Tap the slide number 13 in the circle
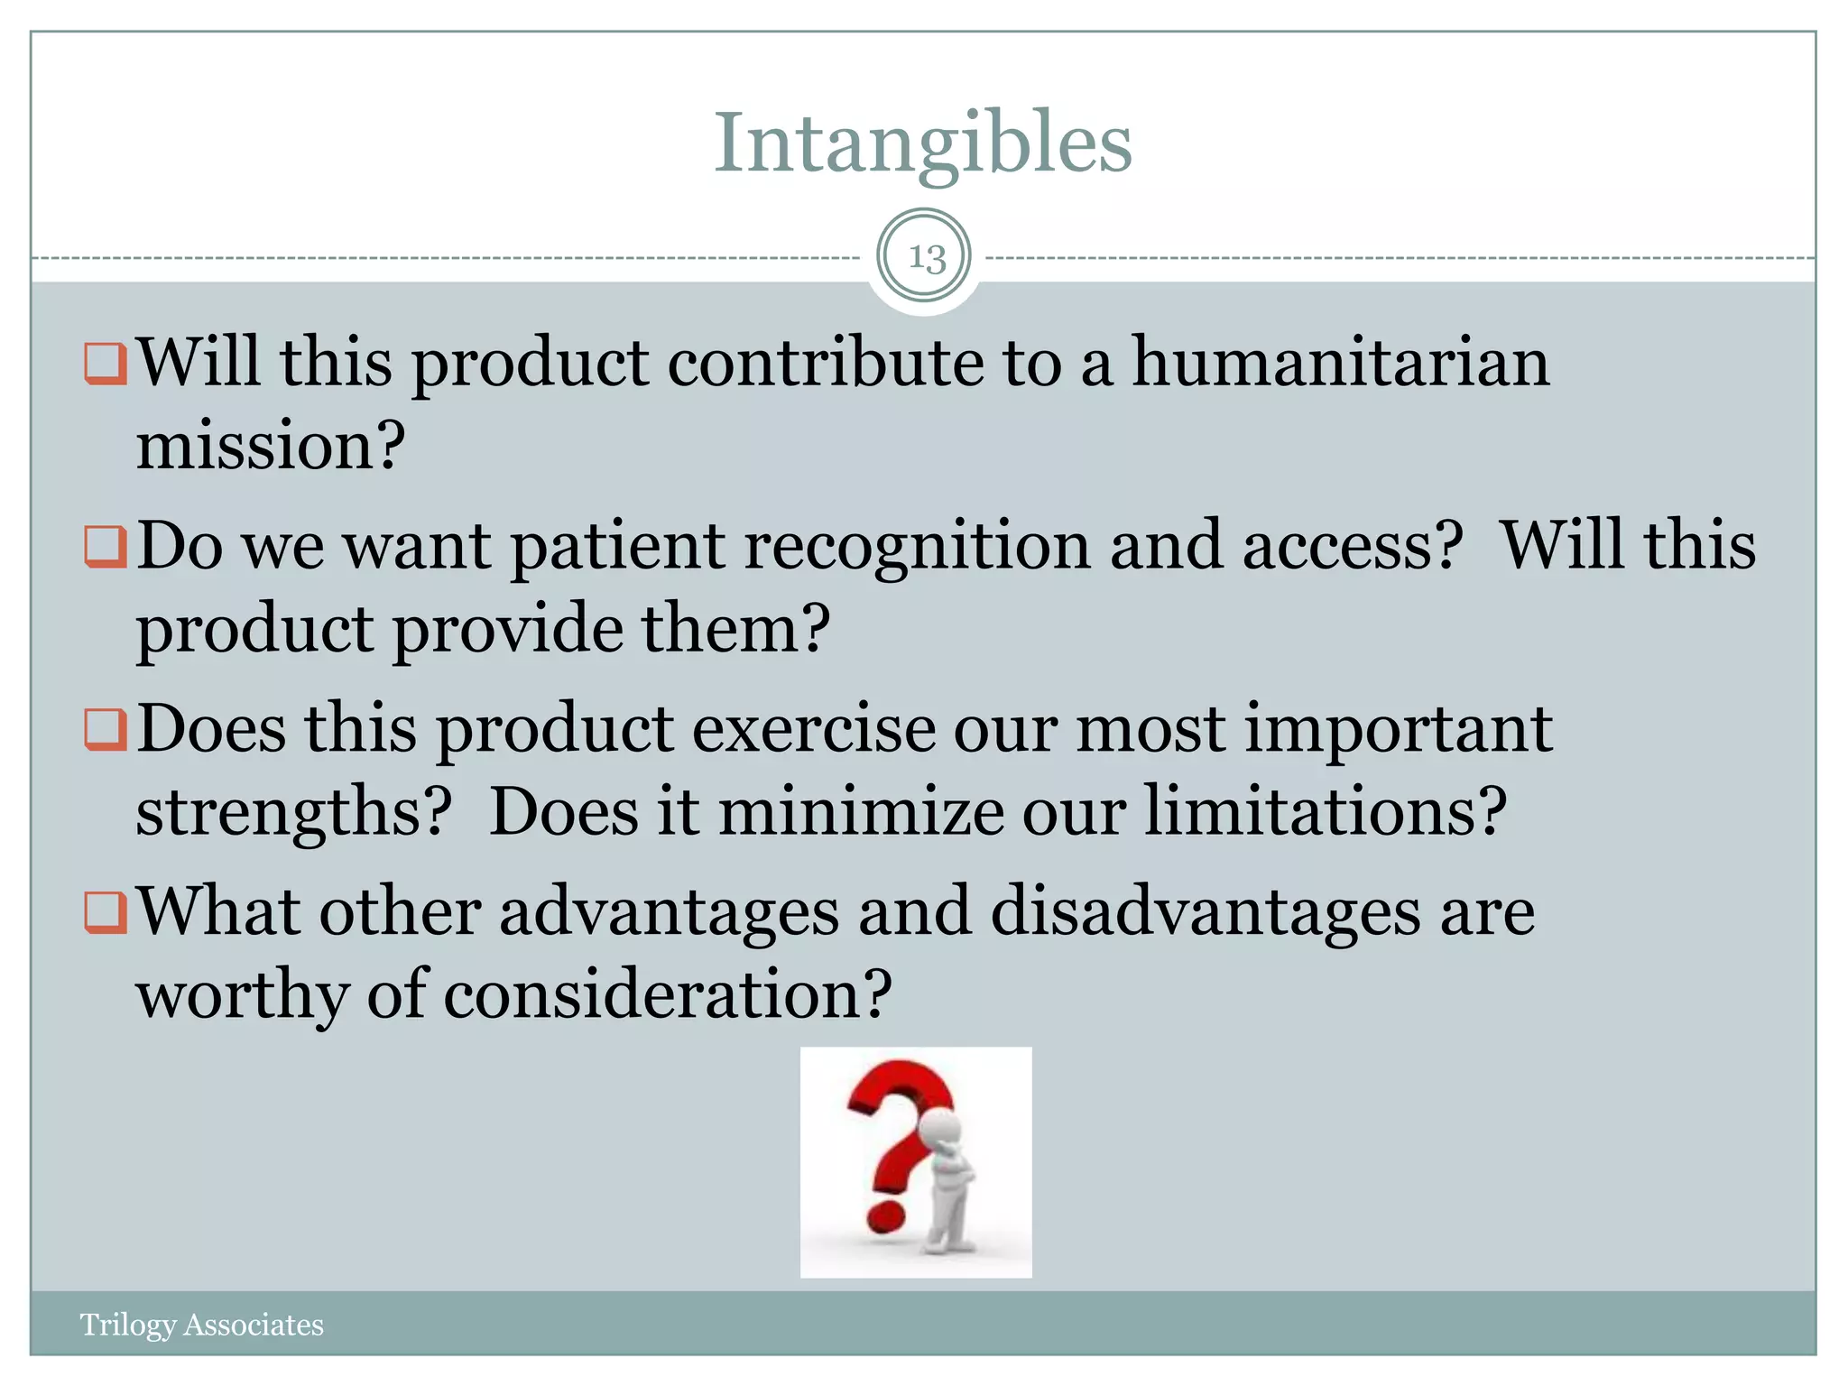point(925,258)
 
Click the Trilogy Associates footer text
point(201,1325)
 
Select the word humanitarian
point(1340,363)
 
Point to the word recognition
point(917,547)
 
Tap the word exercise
point(814,729)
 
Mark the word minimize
point(860,812)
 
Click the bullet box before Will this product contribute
point(105,364)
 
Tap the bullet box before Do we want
point(105,547)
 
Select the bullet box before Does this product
point(105,729)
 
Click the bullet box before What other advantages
point(105,912)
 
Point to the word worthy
point(241,995)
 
